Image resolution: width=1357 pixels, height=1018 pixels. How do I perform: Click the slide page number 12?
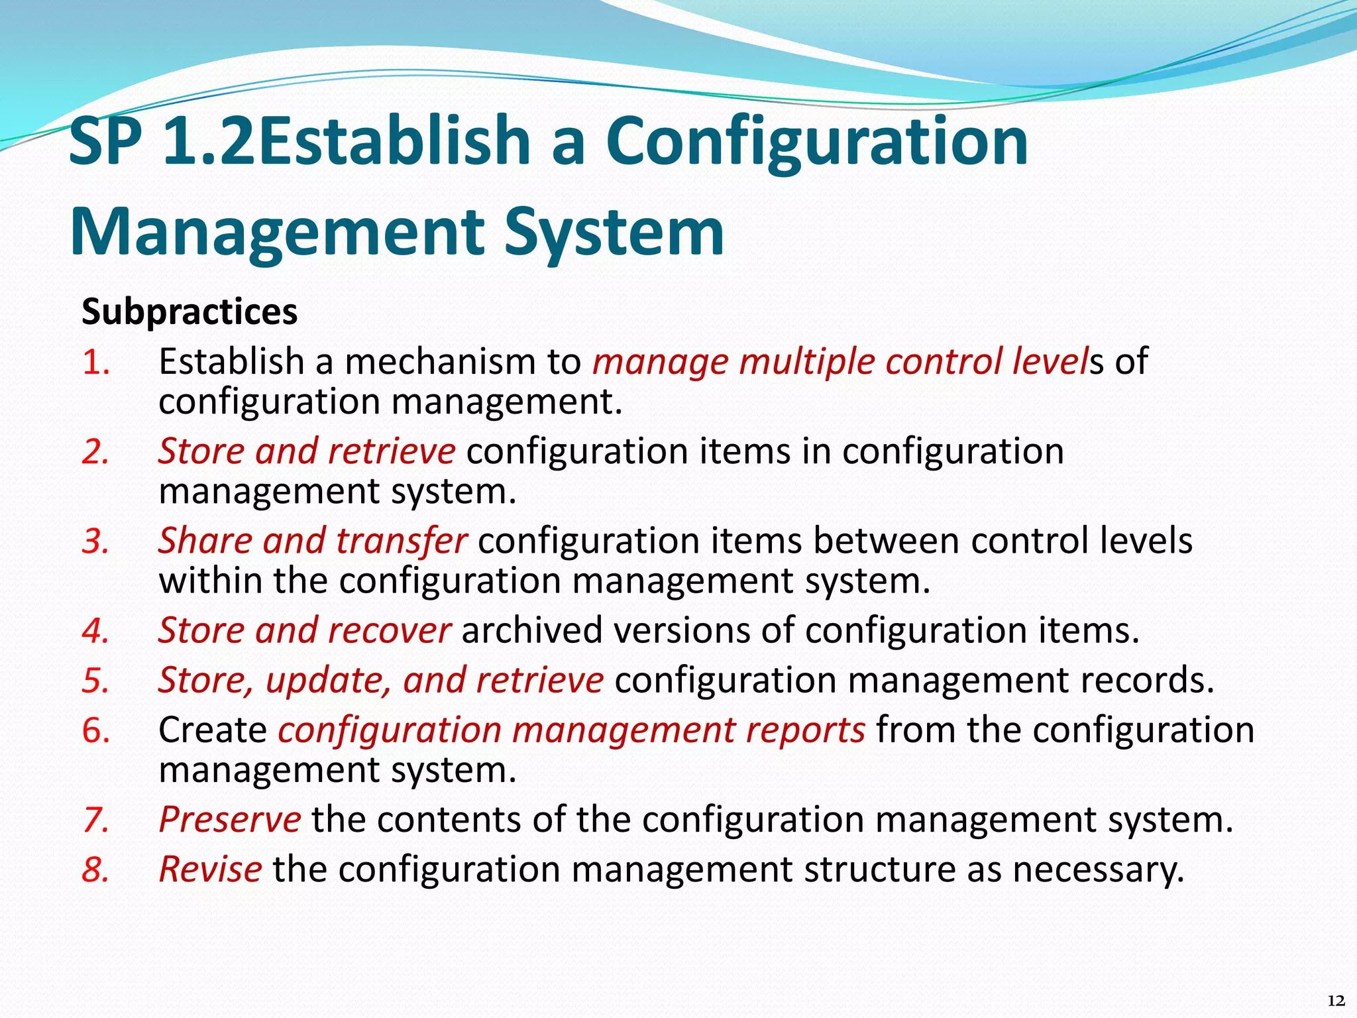click(1336, 1001)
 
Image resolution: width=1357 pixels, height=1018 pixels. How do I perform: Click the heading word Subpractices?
click(190, 311)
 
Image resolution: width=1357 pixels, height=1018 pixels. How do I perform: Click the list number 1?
click(95, 363)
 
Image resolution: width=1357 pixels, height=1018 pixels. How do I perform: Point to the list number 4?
click(95, 631)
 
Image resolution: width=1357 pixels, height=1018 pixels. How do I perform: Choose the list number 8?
click(95, 870)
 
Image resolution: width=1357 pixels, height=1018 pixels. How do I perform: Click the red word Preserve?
click(230, 820)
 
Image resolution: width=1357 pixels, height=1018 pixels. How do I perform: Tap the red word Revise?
click(210, 870)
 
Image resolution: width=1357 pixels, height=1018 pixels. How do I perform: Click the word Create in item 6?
click(213, 730)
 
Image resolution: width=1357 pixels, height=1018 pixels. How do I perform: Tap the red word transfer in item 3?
click(402, 541)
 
